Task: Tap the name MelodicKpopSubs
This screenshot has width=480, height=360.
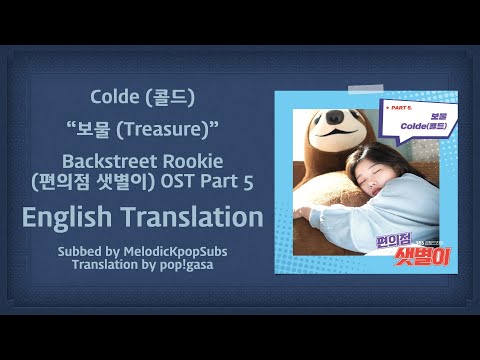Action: [183, 248]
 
